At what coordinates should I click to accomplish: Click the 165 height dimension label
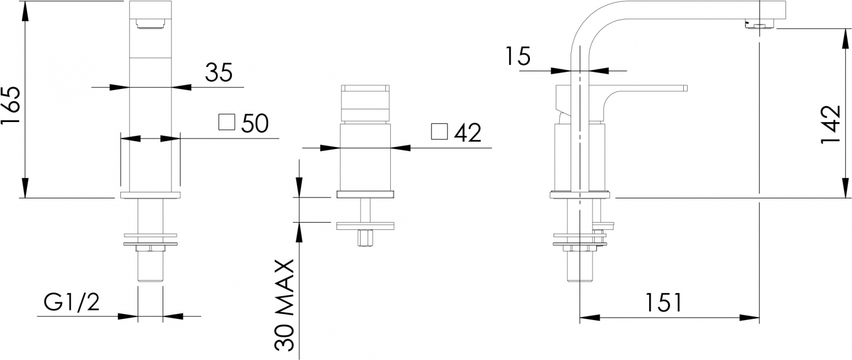[10, 106]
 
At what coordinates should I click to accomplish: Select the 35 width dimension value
[219, 73]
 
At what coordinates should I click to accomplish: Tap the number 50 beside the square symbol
[255, 123]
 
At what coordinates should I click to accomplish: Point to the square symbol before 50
[226, 121]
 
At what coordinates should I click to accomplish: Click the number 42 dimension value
[467, 132]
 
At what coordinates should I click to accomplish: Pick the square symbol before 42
[439, 131]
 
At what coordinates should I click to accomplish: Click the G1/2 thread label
[71, 303]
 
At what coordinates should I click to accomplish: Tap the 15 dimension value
[518, 56]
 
